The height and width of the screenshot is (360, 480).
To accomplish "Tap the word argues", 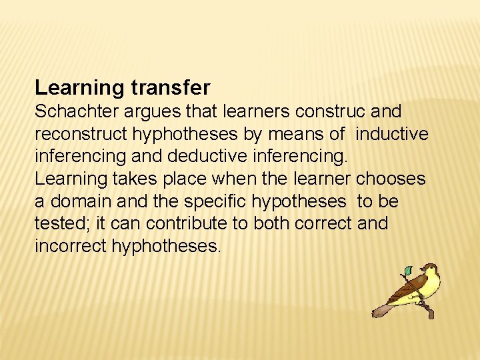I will click(x=153, y=111).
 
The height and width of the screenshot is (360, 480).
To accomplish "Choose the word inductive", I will click(x=392, y=134).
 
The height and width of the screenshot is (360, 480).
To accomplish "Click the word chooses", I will click(x=391, y=179).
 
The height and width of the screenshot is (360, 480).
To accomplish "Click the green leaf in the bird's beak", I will click(x=408, y=271).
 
